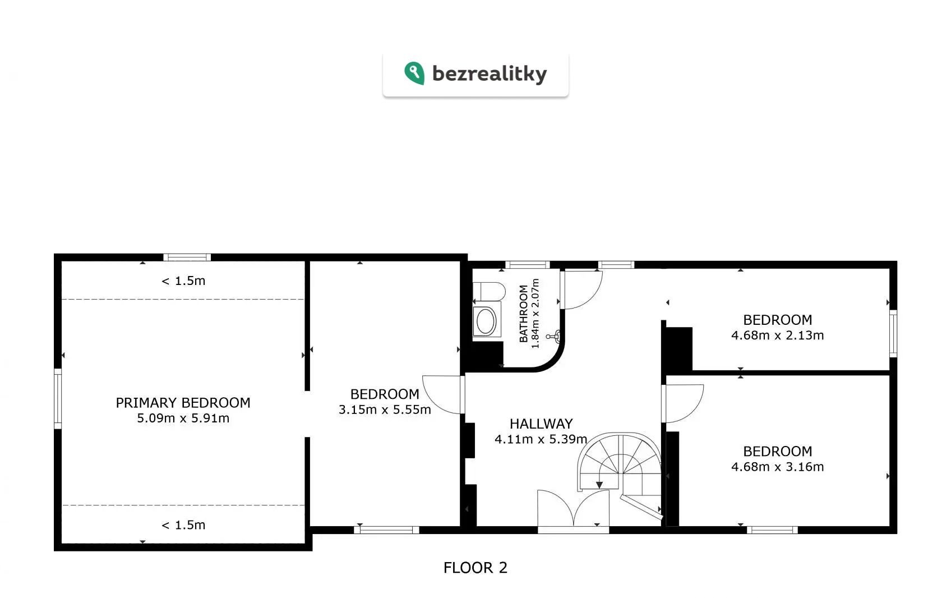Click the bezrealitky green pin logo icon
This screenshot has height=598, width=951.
(414, 73)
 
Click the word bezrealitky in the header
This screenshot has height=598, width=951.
(490, 73)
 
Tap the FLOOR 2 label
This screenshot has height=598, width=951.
(475, 568)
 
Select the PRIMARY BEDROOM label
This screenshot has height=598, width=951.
(183, 403)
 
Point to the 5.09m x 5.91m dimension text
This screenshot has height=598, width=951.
(183, 418)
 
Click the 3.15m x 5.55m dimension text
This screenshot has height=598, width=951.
(385, 410)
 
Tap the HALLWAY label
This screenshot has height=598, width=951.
(541, 424)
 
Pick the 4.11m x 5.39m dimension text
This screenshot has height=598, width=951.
(541, 439)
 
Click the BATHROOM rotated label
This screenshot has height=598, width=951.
(524, 314)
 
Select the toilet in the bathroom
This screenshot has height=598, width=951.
(489, 292)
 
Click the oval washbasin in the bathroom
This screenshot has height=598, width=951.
(486, 321)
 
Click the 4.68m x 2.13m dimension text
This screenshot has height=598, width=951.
(777, 335)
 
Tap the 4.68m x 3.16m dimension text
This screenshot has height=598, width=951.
(777, 466)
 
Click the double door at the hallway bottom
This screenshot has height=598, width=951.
(573, 510)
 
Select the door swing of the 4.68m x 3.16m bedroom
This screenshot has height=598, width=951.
(682, 403)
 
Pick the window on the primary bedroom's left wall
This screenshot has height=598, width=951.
(58, 398)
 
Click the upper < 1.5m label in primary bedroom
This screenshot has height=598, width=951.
(183, 280)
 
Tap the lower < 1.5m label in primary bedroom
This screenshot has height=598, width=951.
(183, 525)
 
